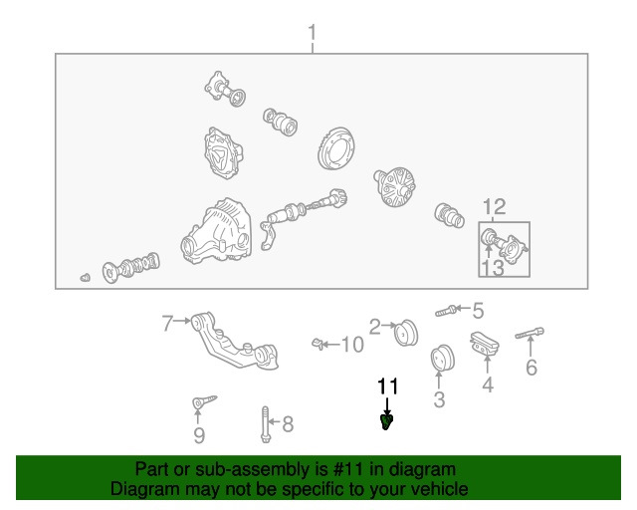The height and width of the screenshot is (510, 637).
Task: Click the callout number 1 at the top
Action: click(312, 33)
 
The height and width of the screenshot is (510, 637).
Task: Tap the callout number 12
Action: click(495, 207)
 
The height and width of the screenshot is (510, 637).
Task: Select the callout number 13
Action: click(493, 268)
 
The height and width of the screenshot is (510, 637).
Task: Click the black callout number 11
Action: click(388, 386)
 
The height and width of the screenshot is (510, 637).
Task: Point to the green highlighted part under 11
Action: click(387, 422)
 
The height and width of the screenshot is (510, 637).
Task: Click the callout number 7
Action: click(167, 324)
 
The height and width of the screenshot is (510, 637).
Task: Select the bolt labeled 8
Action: click(266, 424)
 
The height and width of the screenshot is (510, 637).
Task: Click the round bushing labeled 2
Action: click(406, 333)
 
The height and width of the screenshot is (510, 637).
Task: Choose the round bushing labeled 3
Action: click(442, 359)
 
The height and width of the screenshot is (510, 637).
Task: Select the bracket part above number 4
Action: click(485, 344)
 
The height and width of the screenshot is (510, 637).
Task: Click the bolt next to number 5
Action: click(446, 311)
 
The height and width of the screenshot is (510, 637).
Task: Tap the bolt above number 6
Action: click(530, 333)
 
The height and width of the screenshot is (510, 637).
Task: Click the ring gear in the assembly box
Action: click(335, 147)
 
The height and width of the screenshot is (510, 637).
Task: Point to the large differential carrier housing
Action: click(217, 231)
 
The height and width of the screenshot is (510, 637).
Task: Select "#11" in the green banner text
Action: click(347, 469)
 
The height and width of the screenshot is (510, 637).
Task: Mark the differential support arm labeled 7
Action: click(235, 341)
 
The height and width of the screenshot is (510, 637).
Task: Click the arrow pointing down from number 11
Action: click(387, 406)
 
